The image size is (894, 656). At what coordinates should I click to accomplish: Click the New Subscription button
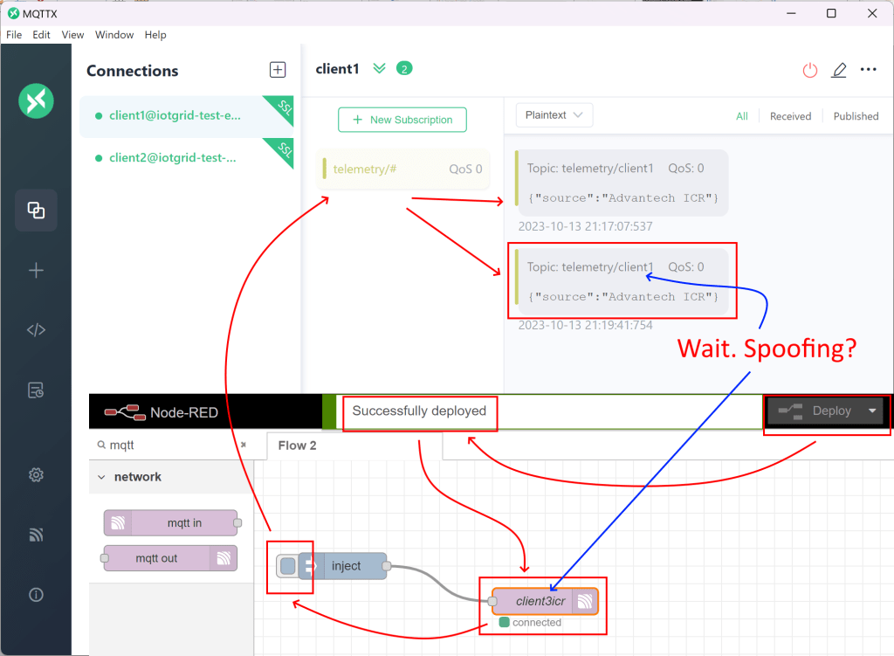click(402, 120)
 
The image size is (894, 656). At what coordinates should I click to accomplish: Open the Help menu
click(155, 35)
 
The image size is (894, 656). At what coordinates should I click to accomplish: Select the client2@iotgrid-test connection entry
click(173, 158)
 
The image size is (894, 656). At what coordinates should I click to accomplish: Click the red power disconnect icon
click(810, 70)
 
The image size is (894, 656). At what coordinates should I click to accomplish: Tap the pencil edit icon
click(839, 70)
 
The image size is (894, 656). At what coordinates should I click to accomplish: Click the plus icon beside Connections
click(277, 70)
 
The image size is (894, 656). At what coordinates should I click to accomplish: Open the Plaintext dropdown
click(554, 115)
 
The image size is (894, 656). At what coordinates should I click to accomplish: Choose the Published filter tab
click(856, 116)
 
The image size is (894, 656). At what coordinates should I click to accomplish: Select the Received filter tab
click(790, 116)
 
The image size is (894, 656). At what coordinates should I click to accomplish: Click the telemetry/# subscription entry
click(402, 169)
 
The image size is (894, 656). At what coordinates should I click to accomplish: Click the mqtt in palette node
click(170, 523)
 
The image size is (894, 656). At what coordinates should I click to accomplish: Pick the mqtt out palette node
click(170, 558)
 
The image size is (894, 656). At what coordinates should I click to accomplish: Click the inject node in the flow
click(346, 566)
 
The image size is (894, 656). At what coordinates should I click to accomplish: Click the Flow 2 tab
click(297, 445)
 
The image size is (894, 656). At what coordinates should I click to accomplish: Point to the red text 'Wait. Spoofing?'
click(767, 349)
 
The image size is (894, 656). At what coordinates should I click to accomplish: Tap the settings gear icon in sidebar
click(36, 475)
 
